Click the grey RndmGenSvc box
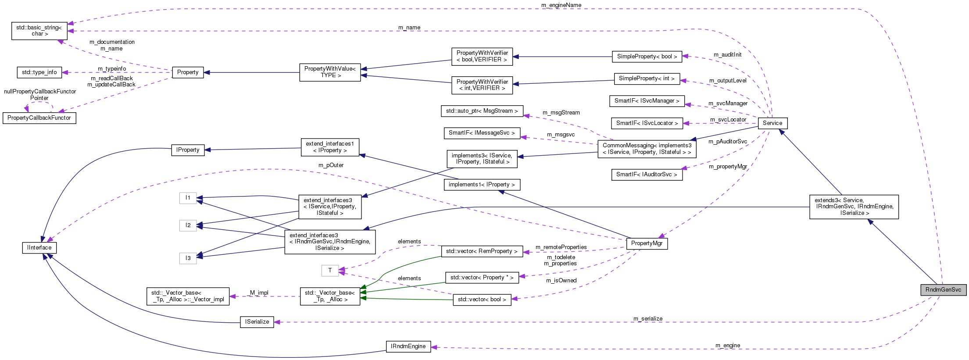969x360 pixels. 943,290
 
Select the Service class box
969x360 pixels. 772,123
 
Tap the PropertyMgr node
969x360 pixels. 647,243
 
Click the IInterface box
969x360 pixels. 39,248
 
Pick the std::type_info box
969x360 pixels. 39,72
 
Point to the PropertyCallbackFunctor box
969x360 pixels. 39,118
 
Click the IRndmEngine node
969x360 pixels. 408,346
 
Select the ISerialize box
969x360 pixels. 257,322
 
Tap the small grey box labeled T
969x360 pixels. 330,271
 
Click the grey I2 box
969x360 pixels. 188,225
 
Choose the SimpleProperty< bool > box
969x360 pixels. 647,57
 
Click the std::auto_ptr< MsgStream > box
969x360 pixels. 482,111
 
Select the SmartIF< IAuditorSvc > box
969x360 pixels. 647,175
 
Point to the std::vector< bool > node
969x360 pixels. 482,299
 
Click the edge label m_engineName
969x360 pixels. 561,5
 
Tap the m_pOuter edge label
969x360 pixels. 331,165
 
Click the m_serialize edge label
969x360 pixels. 647,319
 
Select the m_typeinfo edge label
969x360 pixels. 112,69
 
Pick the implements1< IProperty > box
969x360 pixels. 482,185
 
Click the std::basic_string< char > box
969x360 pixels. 39,31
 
